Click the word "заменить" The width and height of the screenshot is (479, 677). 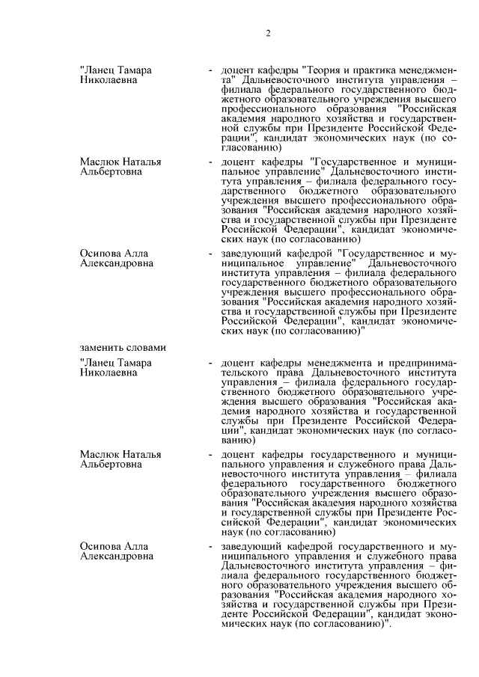tap(100, 347)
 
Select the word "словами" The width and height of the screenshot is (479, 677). tap(144, 347)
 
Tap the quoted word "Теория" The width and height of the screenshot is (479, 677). tap(328, 70)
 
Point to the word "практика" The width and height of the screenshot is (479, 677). tap(381, 70)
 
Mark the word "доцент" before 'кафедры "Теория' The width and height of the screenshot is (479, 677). tap(238, 70)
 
